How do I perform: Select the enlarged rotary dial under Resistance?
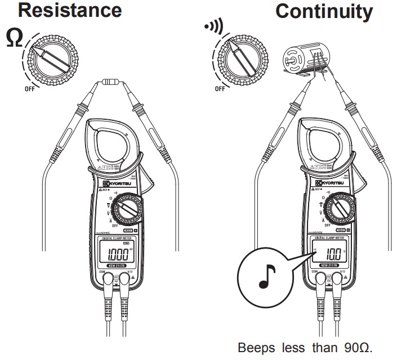54,56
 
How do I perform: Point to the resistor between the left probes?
107,83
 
